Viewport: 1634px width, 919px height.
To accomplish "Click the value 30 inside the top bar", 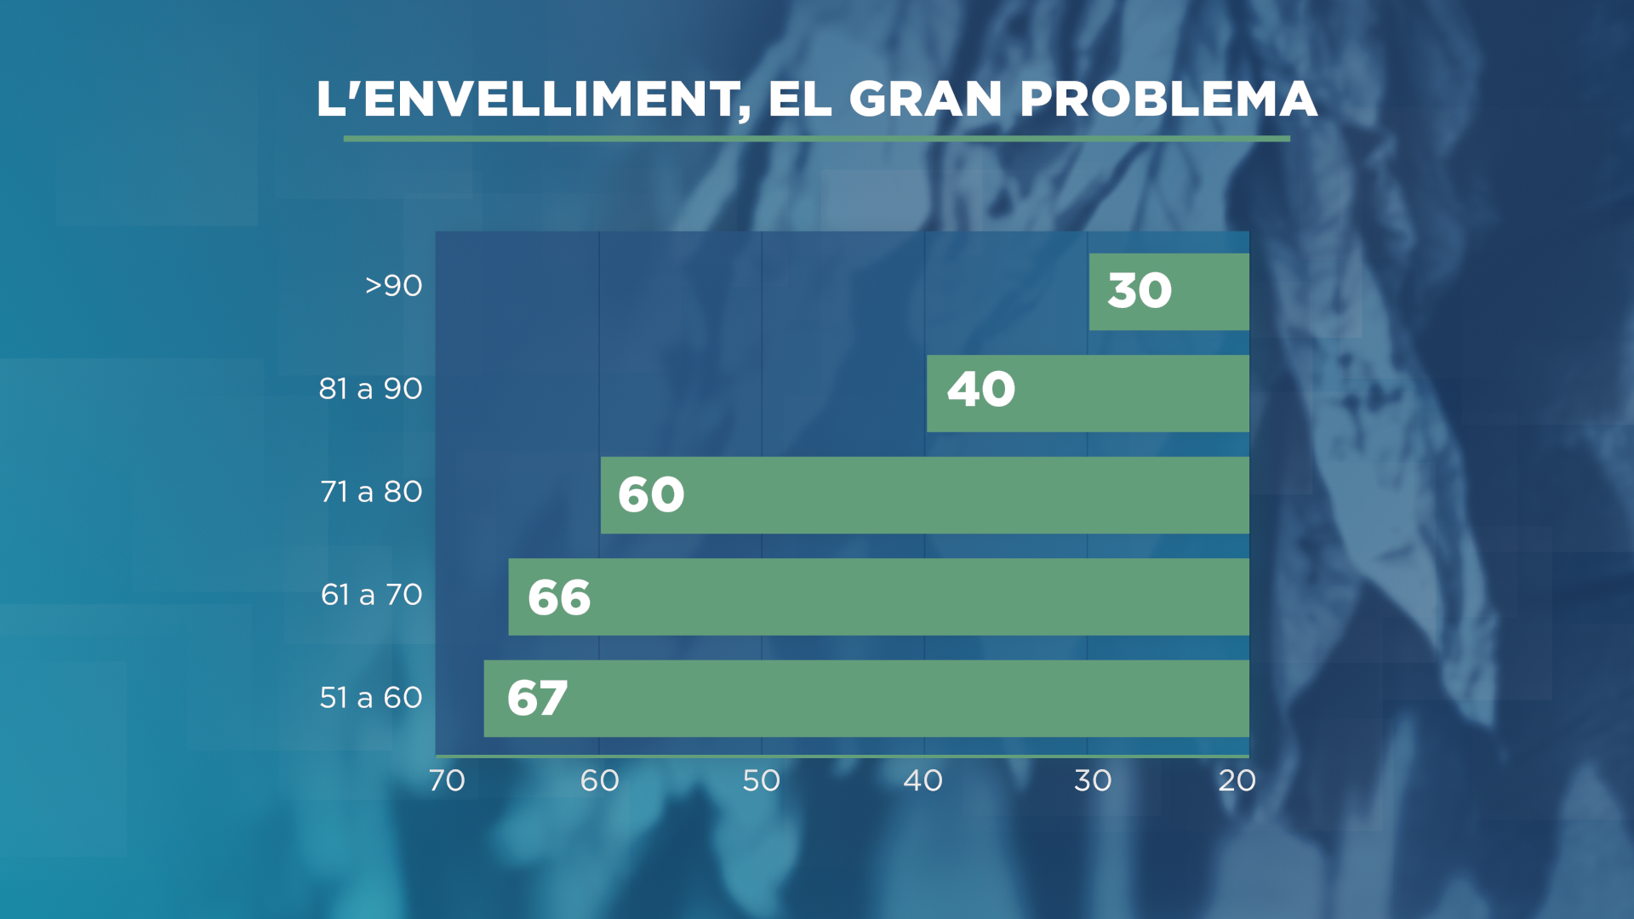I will tap(1140, 291).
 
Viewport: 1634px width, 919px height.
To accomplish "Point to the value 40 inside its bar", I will tap(981, 390).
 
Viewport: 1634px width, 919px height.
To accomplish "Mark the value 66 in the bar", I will tap(559, 597).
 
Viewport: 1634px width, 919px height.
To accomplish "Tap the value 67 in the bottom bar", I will tap(537, 699).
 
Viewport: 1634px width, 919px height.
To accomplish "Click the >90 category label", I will tap(393, 286).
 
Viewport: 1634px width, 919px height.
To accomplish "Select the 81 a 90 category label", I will tap(370, 389).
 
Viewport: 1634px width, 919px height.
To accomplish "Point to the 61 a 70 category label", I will tap(371, 595).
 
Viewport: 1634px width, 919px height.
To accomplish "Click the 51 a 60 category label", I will tap(370, 698).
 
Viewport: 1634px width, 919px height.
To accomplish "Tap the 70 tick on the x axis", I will tap(447, 781).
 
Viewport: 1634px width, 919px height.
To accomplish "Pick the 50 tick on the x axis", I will tap(761, 781).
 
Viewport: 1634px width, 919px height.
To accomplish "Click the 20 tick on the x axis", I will tap(1237, 781).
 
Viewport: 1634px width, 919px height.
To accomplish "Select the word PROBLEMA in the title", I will tap(1168, 99).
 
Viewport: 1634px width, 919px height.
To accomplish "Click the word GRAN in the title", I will tap(925, 99).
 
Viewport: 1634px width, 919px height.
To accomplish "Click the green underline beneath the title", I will tap(817, 138).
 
